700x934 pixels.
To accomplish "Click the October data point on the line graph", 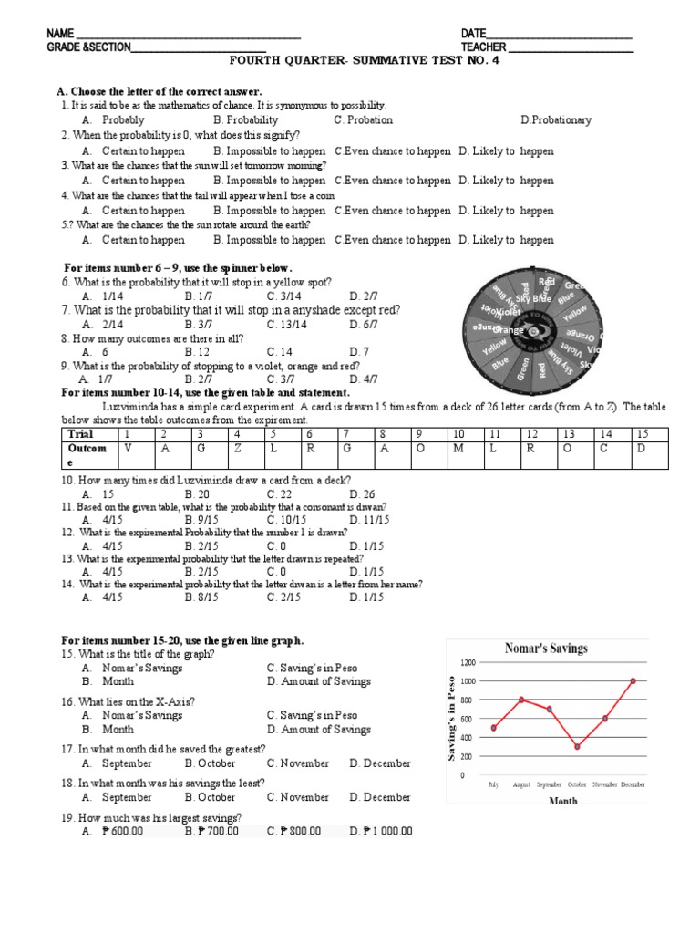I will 577,746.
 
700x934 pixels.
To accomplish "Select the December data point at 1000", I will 633,680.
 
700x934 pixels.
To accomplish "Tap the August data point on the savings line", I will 521,700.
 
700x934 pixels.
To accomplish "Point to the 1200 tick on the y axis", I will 468,662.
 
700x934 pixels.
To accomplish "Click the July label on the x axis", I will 493,784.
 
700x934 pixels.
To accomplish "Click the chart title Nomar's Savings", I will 547,649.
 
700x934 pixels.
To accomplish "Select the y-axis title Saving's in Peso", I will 450,719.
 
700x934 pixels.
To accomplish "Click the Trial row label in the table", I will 83,434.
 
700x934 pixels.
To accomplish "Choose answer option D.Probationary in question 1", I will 556,119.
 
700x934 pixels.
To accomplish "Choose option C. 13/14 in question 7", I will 291,324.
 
